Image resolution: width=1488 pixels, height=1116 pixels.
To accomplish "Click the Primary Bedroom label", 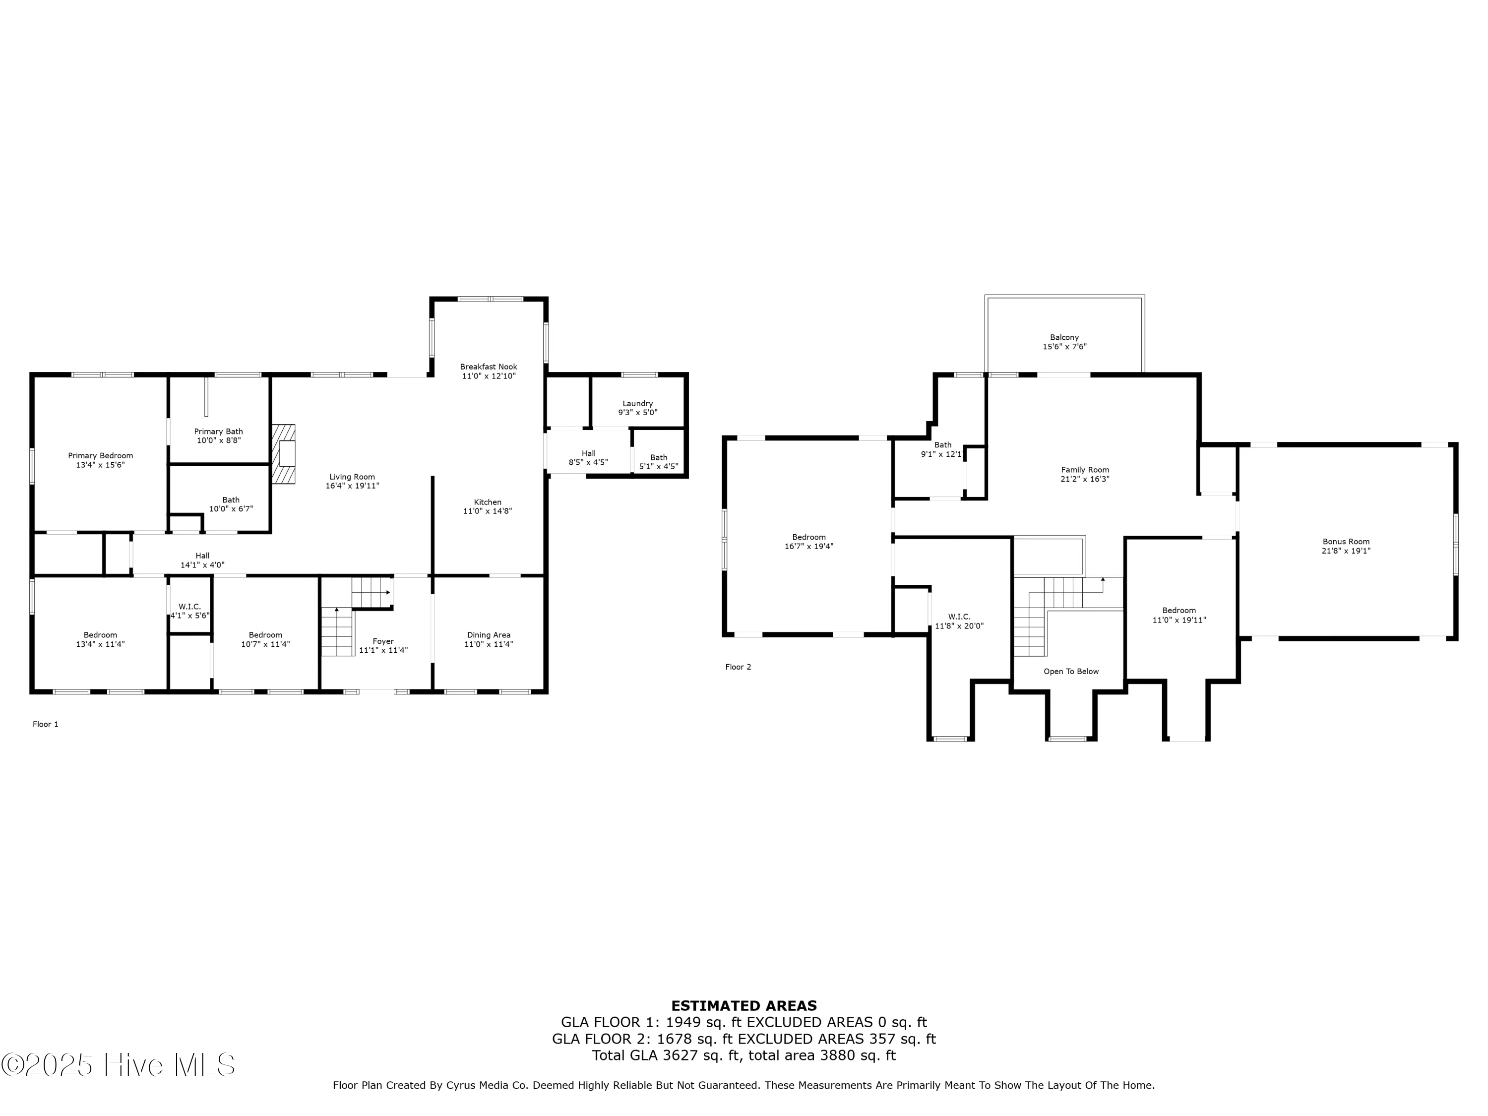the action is pyautogui.click(x=100, y=455).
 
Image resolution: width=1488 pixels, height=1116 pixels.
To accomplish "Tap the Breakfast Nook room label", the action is pyautogui.click(x=489, y=367).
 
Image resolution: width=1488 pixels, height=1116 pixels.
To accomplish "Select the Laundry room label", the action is pyautogui.click(x=638, y=404).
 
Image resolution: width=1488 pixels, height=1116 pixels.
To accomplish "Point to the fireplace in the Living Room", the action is pyautogui.click(x=283, y=453).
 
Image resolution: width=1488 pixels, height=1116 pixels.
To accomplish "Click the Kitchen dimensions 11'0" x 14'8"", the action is pyautogui.click(x=488, y=511).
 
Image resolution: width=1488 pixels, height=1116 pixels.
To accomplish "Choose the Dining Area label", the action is pyautogui.click(x=489, y=635).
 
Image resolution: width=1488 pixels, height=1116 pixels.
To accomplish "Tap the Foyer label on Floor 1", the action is pyautogui.click(x=383, y=641).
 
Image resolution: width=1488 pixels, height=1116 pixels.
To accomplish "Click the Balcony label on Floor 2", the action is pyautogui.click(x=1064, y=338).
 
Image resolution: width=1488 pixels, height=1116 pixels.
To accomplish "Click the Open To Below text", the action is pyautogui.click(x=1071, y=672).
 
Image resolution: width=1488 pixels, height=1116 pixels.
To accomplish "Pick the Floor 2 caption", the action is pyautogui.click(x=738, y=667).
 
